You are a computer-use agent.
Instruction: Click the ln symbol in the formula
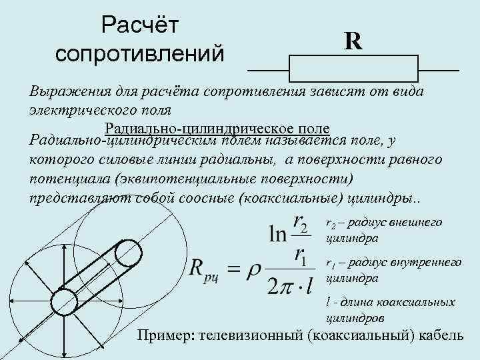point(277,234)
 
